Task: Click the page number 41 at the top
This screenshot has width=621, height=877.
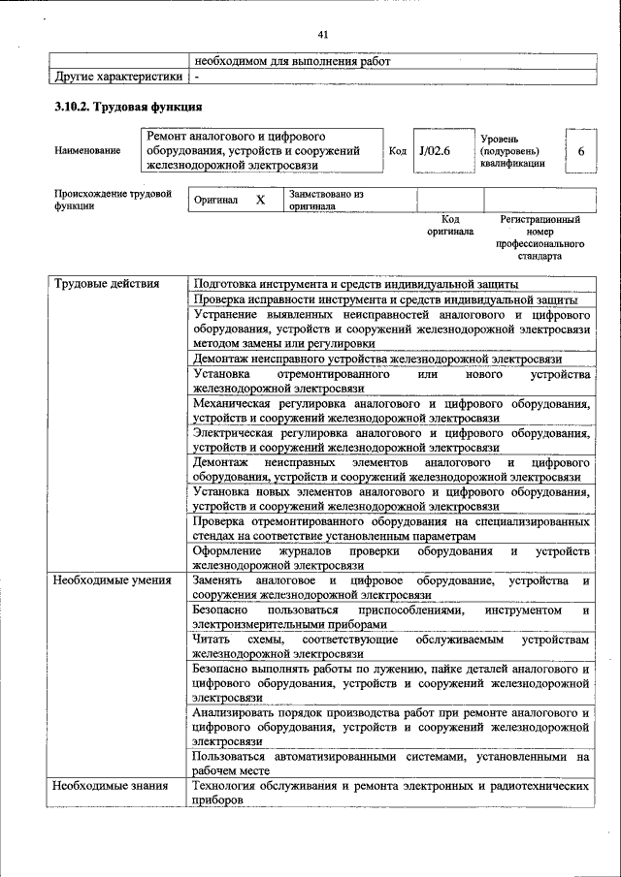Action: pos(323,35)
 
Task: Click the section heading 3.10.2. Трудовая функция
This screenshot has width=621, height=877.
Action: pos(128,107)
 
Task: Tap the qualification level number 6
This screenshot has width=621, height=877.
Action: pos(580,152)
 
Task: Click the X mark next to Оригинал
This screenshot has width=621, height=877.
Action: pos(260,201)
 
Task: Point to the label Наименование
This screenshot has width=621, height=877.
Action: pos(88,151)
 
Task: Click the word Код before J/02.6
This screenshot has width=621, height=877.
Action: pos(398,152)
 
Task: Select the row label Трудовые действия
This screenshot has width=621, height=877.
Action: pos(107,284)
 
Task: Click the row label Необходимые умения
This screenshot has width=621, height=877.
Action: pos(113,580)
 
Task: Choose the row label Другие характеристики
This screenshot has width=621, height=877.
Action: pos(117,76)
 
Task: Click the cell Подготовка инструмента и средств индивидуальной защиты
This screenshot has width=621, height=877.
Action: pos(355,284)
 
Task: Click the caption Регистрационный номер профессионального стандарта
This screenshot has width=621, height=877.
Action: pos(539,239)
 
